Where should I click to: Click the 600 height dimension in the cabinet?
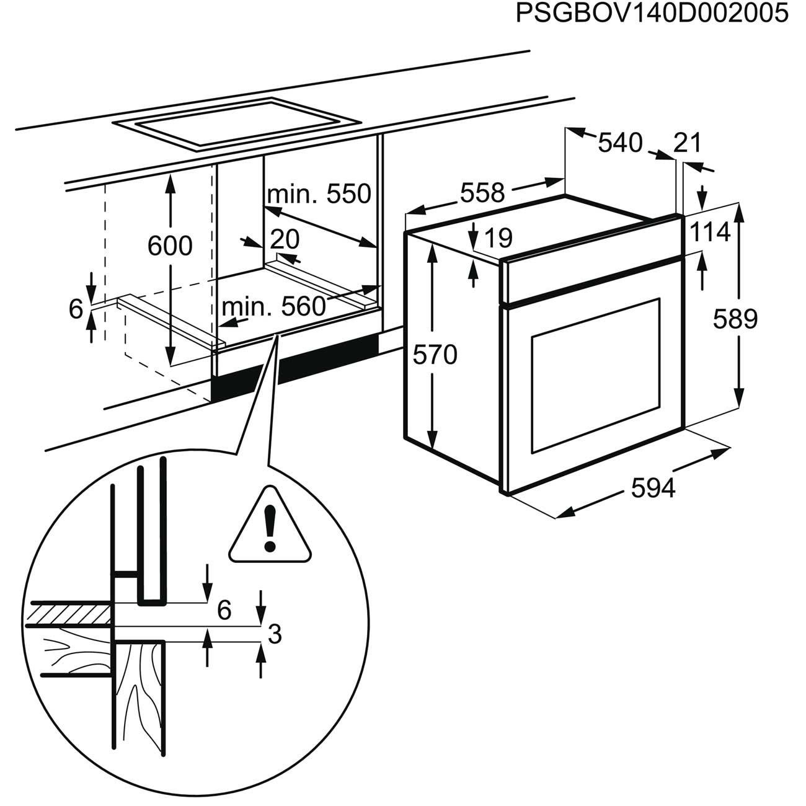click(x=170, y=246)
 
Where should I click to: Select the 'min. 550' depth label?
click(x=319, y=194)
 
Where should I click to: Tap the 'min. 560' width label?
click(x=273, y=306)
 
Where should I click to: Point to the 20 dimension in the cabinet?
click(x=285, y=239)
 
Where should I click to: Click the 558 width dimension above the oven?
click(x=482, y=193)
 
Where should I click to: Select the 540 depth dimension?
click(x=620, y=143)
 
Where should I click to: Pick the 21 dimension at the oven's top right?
click(x=687, y=143)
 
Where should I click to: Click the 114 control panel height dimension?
click(x=710, y=232)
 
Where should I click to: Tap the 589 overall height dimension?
click(x=735, y=319)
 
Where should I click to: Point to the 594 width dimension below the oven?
click(x=653, y=489)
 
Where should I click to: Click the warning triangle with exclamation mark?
click(x=270, y=528)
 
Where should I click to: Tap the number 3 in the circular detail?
click(x=274, y=634)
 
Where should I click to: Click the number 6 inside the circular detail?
click(x=224, y=610)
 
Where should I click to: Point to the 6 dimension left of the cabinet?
click(x=76, y=308)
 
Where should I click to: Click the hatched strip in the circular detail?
click(x=69, y=614)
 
